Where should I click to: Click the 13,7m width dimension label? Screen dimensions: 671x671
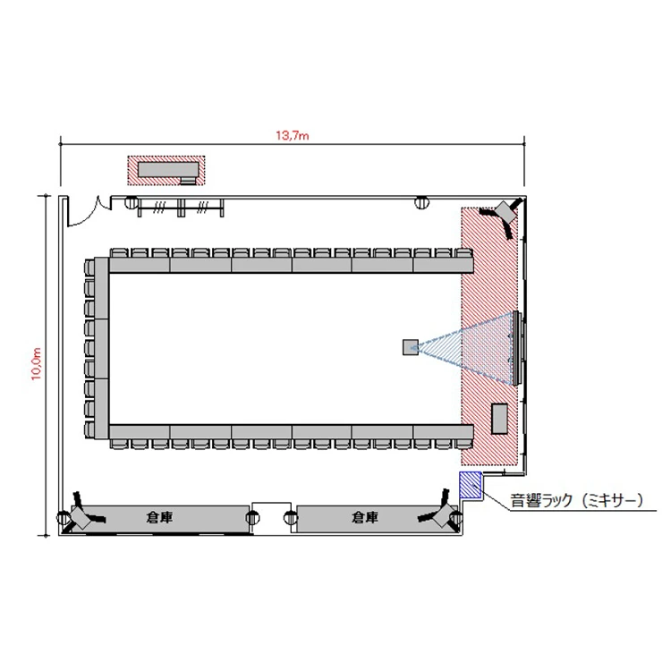click(x=293, y=136)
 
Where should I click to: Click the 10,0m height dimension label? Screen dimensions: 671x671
click(x=36, y=364)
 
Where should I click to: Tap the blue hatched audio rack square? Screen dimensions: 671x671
click(x=471, y=485)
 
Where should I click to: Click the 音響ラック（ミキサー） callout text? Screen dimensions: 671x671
click(x=577, y=500)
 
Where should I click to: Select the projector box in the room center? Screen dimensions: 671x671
click(x=411, y=347)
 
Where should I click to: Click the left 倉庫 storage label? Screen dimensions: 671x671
click(x=159, y=517)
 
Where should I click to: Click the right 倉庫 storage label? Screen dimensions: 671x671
click(x=365, y=517)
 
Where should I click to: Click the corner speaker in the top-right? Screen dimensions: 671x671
click(x=505, y=213)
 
